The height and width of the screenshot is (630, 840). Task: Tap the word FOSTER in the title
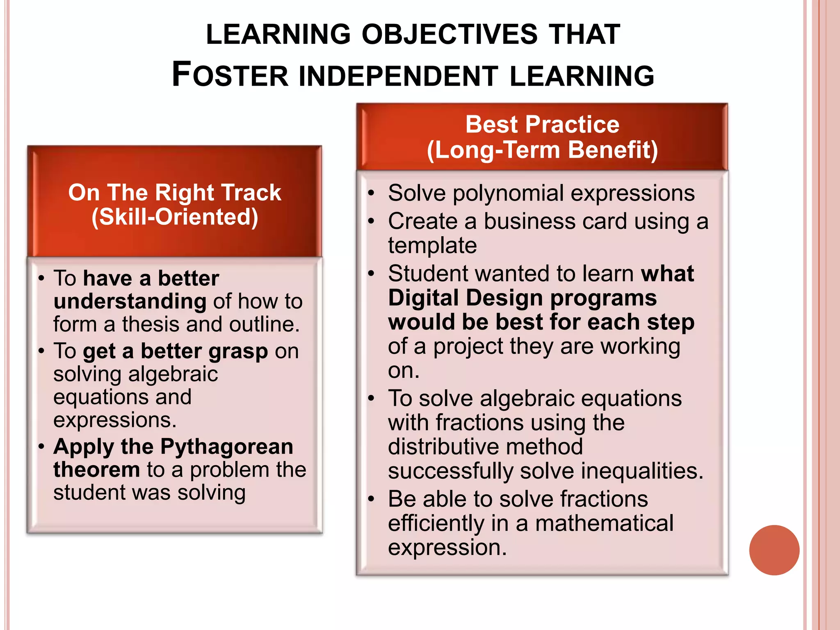[x=230, y=75]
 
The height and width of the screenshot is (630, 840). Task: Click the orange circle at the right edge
[x=774, y=550]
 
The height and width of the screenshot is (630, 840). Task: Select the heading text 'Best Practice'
[x=542, y=124]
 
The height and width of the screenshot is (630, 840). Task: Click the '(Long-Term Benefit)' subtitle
[x=542, y=150]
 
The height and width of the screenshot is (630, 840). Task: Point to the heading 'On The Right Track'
[x=175, y=192]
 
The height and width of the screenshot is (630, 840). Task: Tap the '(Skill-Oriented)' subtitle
[x=175, y=217]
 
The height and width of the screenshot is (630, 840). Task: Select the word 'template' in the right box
[x=432, y=246]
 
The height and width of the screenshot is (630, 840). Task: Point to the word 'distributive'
[x=485, y=447]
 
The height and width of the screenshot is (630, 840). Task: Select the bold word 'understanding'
[x=130, y=301]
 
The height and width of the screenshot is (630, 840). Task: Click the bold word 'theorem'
[x=97, y=469]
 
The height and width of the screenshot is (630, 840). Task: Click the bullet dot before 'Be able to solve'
[x=371, y=499]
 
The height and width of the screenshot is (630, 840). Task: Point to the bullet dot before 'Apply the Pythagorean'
[x=41, y=446]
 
